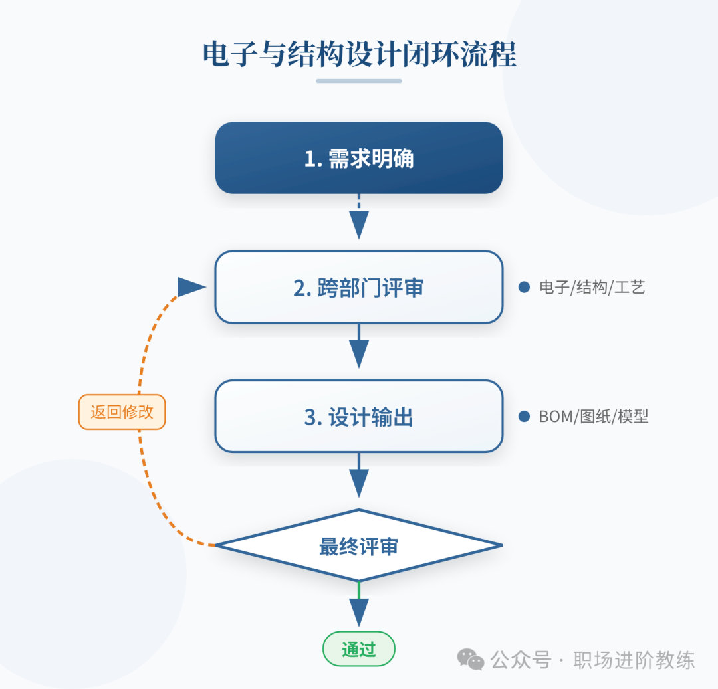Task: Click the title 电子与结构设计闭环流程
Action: point(359,54)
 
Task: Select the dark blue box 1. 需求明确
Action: point(359,158)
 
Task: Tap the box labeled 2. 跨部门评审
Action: point(359,288)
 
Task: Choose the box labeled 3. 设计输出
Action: point(359,417)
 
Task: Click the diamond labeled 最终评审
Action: point(359,546)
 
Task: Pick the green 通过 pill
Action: point(359,649)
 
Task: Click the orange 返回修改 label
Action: point(122,412)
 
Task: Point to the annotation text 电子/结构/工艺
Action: point(592,288)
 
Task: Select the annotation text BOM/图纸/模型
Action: point(593,417)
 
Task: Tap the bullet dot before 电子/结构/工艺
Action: point(524,287)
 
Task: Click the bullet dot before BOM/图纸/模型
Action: point(524,417)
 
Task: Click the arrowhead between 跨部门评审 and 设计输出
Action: point(359,354)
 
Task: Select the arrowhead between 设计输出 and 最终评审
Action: point(359,484)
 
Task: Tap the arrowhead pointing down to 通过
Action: point(359,611)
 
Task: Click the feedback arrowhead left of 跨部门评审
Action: point(191,287)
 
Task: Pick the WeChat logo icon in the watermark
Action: point(471,660)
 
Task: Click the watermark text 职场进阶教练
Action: point(634,660)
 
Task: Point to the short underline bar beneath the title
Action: point(359,81)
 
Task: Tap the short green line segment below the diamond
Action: point(359,589)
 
